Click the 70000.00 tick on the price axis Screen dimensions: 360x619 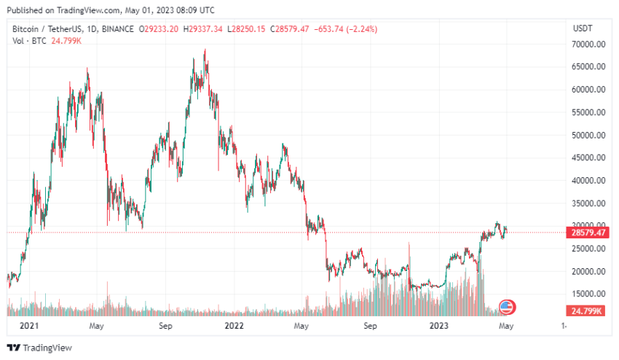pyautogui.click(x=590, y=44)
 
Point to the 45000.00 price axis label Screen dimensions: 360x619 pyautogui.click(x=590, y=157)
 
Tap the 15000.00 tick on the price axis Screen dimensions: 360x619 pyautogui.click(x=590, y=294)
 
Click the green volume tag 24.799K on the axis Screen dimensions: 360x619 pyautogui.click(x=588, y=311)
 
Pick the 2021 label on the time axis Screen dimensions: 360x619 pyautogui.click(x=29, y=326)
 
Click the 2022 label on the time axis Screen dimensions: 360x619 pyautogui.click(x=234, y=326)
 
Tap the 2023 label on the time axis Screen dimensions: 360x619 pyautogui.click(x=438, y=326)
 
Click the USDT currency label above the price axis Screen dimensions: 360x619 pyautogui.click(x=583, y=28)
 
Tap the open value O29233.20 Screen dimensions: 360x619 pyautogui.click(x=159, y=28)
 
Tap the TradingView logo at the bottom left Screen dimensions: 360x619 pyautogui.click(x=34, y=348)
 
